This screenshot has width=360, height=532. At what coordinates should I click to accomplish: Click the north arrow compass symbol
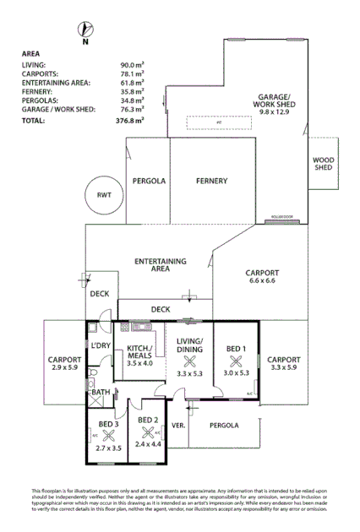tap(84, 33)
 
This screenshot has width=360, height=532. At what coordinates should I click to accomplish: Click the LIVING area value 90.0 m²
tap(132, 64)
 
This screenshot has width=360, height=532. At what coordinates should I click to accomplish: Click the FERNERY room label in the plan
tap(211, 181)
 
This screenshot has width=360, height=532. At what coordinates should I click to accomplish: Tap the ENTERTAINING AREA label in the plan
tap(161, 265)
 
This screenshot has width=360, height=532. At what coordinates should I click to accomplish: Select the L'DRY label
tap(101, 346)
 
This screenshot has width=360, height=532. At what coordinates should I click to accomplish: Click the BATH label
tap(101, 392)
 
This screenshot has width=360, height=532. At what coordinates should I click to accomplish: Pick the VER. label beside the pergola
tap(178, 425)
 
